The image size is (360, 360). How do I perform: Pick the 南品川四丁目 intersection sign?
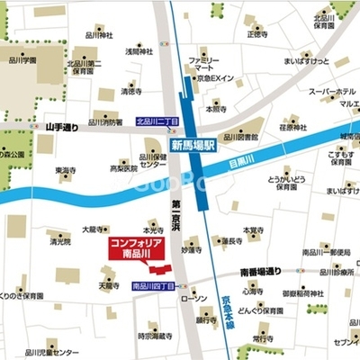(152, 286)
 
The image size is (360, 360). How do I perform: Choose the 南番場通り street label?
(260, 270)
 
